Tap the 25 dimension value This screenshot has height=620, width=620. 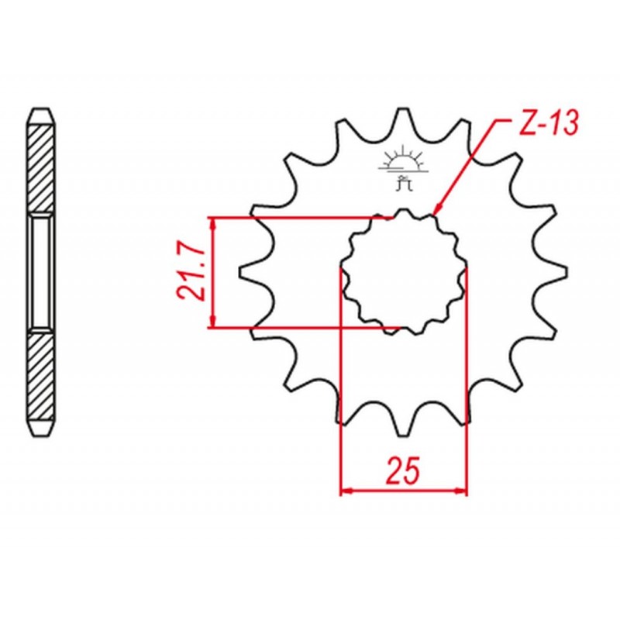pos(402,471)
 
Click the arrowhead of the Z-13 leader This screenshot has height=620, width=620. pos(437,208)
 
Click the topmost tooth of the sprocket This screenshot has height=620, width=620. pos(403,119)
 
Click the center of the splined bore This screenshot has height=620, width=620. pos(403,272)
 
